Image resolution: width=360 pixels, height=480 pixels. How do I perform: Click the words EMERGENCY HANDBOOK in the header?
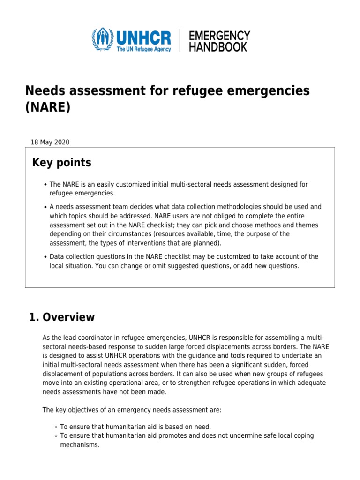[x=219, y=41]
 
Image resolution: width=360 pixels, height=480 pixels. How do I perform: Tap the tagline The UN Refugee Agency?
[x=143, y=49]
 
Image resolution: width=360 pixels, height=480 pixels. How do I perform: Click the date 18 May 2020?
[x=50, y=142]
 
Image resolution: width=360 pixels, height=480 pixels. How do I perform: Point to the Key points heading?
[x=61, y=163]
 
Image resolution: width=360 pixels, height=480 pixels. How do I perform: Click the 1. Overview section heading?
[x=62, y=317]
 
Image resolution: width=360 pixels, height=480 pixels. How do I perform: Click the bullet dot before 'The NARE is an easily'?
[x=45, y=185]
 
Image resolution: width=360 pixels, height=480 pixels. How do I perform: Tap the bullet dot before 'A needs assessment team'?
[x=45, y=207]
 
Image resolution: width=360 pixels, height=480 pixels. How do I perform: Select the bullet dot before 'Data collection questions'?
[x=45, y=257]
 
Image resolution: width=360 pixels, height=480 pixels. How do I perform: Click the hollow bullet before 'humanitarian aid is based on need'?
[x=56, y=427]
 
